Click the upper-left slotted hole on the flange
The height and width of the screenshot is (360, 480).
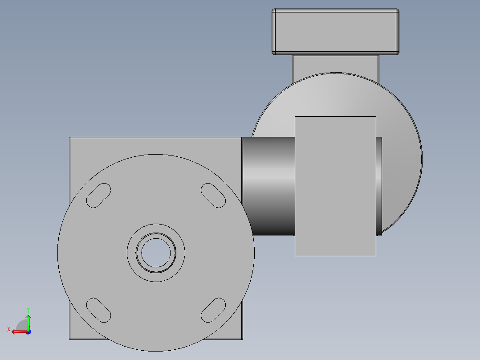pos(98,196)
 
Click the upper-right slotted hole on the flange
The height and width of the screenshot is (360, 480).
pos(213,196)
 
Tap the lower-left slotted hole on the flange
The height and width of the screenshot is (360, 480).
pos(98,310)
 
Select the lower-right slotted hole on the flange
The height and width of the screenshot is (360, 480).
pos(213,310)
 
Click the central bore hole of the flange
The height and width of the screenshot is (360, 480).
pos(156,253)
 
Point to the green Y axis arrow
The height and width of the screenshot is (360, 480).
pos(28,322)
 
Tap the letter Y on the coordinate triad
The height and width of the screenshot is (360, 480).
pos(28,310)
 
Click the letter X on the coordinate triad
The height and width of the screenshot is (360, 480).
pos(9,330)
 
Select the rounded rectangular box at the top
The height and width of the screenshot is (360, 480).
pos(336,32)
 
